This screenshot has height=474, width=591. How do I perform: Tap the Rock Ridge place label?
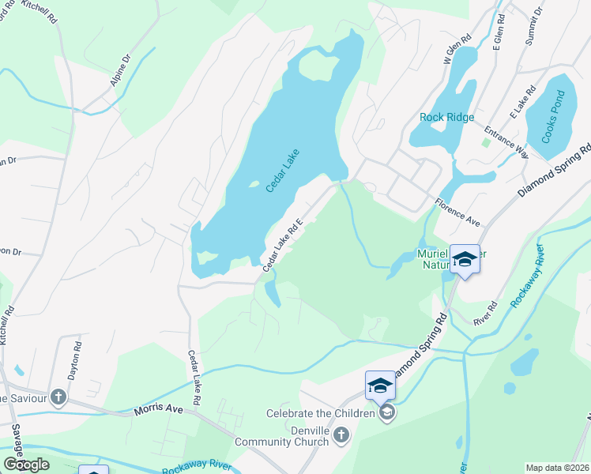click(447, 118)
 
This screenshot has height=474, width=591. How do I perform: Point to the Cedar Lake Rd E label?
click(284, 246)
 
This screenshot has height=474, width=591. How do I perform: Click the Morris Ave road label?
click(158, 411)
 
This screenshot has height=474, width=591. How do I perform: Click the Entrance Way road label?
click(506, 137)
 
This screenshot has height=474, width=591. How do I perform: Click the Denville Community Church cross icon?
click(341, 434)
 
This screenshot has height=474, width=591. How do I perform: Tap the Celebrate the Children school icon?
click(387, 412)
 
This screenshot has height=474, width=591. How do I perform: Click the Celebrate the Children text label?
click(320, 413)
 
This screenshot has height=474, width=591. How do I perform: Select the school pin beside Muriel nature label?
click(465, 259)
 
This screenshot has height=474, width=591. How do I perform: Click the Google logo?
click(27, 464)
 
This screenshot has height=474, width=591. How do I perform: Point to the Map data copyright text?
click(558, 468)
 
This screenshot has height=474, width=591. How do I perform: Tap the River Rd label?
click(484, 313)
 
